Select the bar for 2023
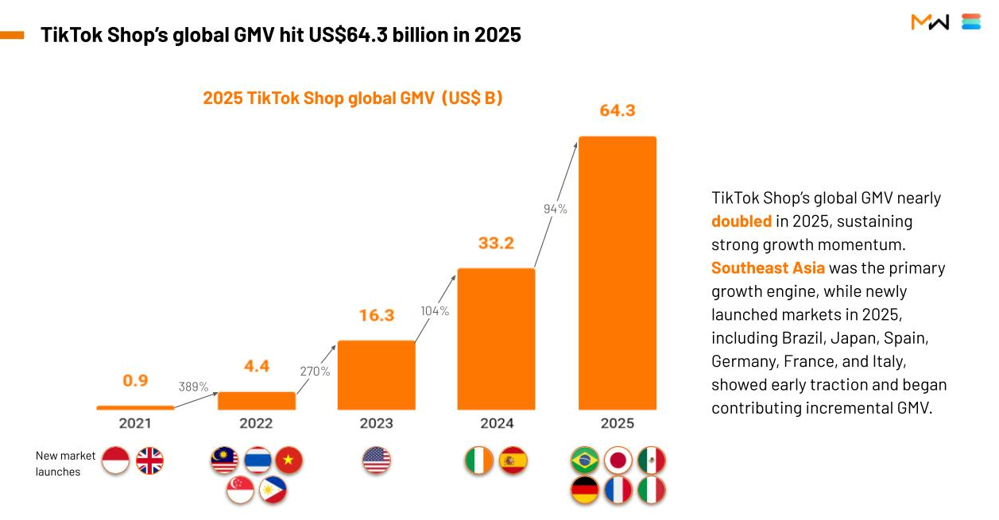(376, 375)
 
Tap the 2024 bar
(497, 338)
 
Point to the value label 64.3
(618, 110)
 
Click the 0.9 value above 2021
(135, 380)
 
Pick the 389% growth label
(193, 387)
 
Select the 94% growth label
(555, 209)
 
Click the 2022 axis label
(256, 423)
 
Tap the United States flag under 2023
(377, 460)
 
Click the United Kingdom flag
(149, 460)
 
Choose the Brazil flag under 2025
(585, 460)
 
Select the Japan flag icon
(618, 460)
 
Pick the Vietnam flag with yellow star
(288, 460)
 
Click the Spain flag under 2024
(513, 460)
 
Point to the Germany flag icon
(585, 491)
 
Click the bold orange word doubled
(742, 221)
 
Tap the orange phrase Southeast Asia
(768, 268)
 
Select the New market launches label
(65, 464)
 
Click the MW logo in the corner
(930, 22)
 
